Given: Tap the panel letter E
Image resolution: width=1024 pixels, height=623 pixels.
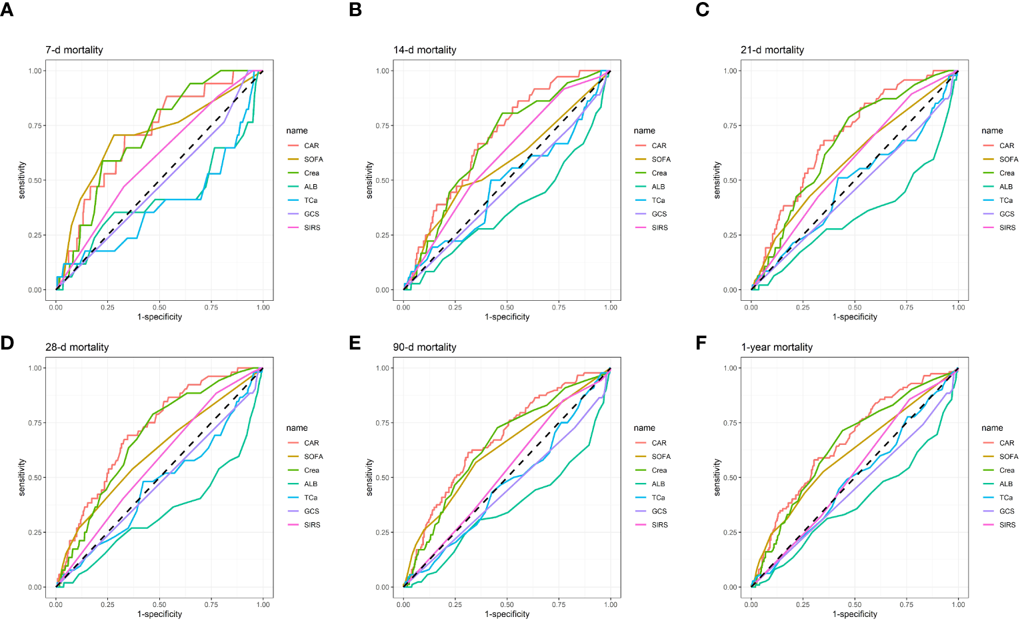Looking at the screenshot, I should pyautogui.click(x=355, y=343).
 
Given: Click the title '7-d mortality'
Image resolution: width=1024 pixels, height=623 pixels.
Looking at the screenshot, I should pyautogui.click(x=74, y=50).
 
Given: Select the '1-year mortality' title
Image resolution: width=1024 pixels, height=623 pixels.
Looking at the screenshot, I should pyautogui.click(x=777, y=348).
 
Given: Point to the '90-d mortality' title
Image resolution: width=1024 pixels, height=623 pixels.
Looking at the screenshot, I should pyautogui.click(x=425, y=348).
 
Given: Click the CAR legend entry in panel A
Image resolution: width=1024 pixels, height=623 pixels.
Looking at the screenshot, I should pyautogui.click(x=311, y=145).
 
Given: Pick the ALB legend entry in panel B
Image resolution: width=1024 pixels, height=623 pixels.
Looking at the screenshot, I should pyautogui.click(x=658, y=187).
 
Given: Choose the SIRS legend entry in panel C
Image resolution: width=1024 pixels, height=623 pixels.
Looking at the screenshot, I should pyautogui.click(x=1007, y=227).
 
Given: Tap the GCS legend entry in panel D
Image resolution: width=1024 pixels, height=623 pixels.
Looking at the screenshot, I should pyautogui.click(x=311, y=512).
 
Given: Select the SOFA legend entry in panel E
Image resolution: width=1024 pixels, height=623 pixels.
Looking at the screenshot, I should pyautogui.click(x=661, y=457).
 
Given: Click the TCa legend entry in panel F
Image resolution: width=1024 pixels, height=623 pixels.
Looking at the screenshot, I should pyautogui.click(x=1006, y=498).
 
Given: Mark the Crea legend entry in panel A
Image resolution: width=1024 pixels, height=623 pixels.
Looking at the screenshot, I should pyautogui.click(x=311, y=173).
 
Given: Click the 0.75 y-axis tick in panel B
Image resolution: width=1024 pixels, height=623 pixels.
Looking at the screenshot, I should pyautogui.click(x=383, y=125).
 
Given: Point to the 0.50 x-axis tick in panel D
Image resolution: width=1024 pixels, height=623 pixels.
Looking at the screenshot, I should pyautogui.click(x=159, y=605).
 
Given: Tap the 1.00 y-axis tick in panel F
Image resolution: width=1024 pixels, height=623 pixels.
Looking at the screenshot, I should pyautogui.click(x=730, y=368).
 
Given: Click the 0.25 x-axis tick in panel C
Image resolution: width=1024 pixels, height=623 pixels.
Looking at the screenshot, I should pyautogui.click(x=803, y=307).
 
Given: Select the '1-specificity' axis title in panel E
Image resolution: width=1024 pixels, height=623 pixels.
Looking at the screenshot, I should pyautogui.click(x=507, y=614).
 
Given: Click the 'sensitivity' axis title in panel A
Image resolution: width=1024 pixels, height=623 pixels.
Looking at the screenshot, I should pyautogui.click(x=22, y=180).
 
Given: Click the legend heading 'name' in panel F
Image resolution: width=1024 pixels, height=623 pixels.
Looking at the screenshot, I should pyautogui.click(x=992, y=428).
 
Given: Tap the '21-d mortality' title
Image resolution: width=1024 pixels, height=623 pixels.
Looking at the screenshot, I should pyautogui.click(x=772, y=50).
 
